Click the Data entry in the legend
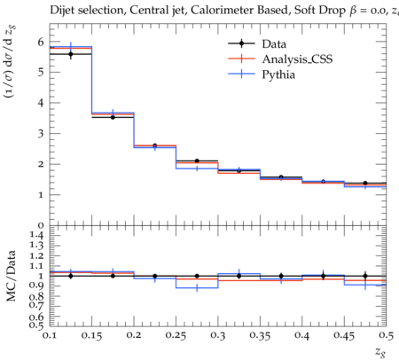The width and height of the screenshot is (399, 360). (x=274, y=44)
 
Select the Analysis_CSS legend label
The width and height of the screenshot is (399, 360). (x=297, y=59)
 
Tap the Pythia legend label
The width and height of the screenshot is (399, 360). (x=278, y=74)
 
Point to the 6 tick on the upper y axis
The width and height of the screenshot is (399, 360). (x=41, y=42)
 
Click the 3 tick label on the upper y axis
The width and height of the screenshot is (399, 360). (x=41, y=133)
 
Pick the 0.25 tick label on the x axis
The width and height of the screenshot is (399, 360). (x=176, y=336)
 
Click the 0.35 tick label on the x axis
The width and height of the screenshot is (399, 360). (x=260, y=336)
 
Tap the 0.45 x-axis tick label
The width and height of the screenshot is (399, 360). (x=344, y=336)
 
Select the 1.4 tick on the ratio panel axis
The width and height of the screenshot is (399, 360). (x=36, y=236)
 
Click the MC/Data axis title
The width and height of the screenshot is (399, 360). (x=12, y=276)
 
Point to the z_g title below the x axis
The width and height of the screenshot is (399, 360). (x=380, y=352)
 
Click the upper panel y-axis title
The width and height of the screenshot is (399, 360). (x=10, y=61)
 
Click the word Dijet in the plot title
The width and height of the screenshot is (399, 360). (x=62, y=11)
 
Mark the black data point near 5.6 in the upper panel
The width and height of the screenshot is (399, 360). (x=71, y=54)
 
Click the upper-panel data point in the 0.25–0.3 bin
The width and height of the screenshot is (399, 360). (x=197, y=161)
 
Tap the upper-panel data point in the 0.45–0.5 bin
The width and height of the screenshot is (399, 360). (x=365, y=184)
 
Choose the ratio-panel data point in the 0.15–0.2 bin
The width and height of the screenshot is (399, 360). (x=113, y=276)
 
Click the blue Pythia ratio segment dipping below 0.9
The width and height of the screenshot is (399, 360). (x=197, y=288)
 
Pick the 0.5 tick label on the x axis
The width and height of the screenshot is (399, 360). (x=387, y=336)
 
